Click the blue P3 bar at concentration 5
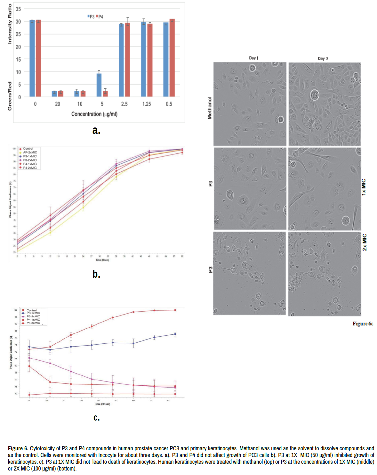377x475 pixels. point(99,85)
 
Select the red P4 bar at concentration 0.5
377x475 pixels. point(172,58)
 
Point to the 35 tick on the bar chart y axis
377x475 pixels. point(18,9)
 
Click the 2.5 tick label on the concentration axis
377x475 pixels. point(124,104)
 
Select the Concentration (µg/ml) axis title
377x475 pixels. point(94,114)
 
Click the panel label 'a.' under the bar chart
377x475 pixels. point(96,130)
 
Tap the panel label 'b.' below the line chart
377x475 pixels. point(96,274)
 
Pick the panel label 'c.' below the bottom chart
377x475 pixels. point(96,417)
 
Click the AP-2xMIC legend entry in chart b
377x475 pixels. point(30,152)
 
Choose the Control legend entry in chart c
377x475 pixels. point(31,310)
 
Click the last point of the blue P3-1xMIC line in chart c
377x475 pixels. point(175,334)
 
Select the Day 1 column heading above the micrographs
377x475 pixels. point(253,58)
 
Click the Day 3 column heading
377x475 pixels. point(323,58)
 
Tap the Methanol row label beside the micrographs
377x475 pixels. point(210,108)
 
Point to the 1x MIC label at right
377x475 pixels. point(364,187)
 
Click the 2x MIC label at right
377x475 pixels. point(365,242)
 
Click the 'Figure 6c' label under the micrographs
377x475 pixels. point(363,324)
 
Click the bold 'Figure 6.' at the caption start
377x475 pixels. point(18,448)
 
